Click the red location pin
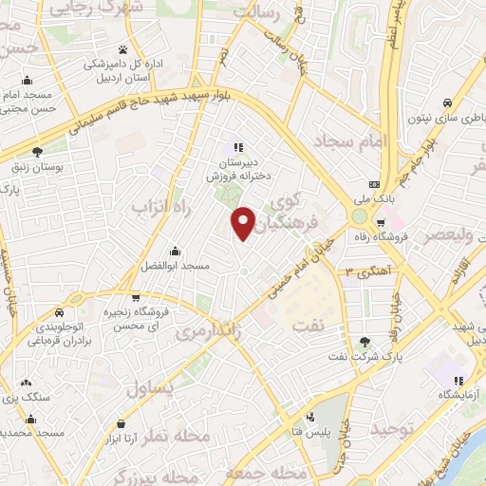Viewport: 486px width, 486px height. tap(244, 224)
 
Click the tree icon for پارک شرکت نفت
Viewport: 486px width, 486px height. tap(366, 342)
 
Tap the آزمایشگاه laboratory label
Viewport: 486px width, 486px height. tap(458, 393)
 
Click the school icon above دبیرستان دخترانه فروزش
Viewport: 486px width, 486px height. tap(238, 148)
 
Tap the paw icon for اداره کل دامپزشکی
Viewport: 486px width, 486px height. tap(123, 49)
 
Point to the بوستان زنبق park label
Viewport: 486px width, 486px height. tap(36, 166)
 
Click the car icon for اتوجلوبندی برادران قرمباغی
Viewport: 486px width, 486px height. tap(59, 312)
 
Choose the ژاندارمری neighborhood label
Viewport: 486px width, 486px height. tap(206, 331)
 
